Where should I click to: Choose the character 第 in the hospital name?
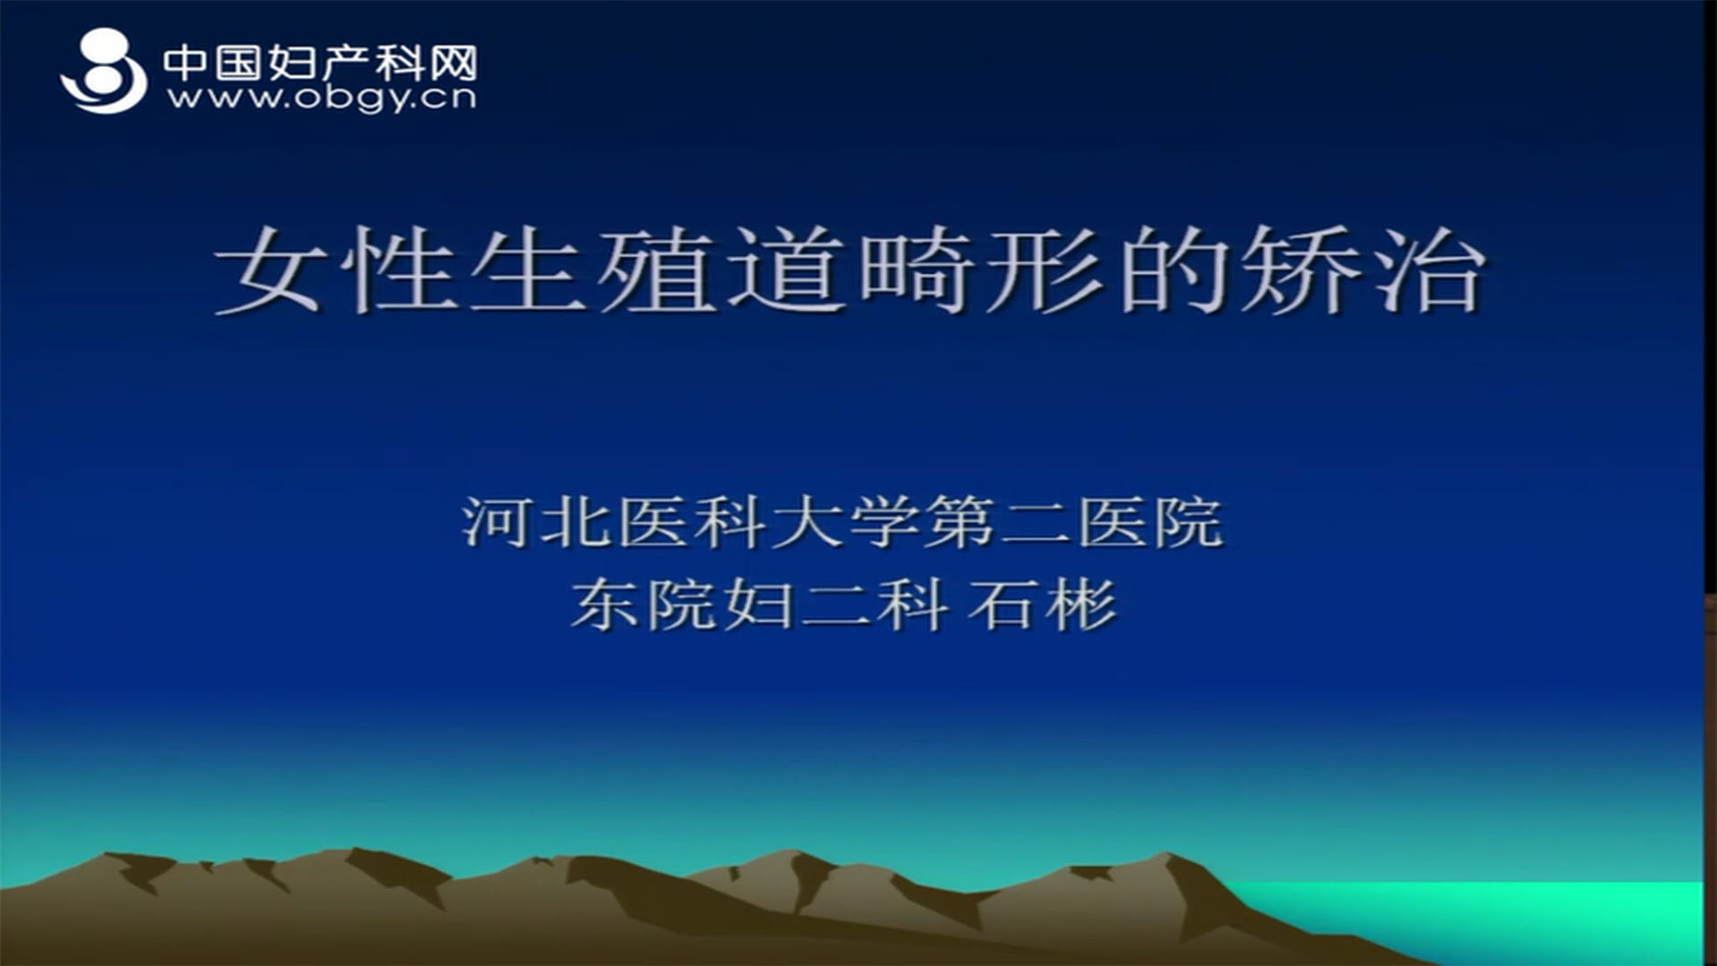(x=958, y=522)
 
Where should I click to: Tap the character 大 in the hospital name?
(x=804, y=522)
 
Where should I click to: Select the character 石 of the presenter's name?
(x=1004, y=605)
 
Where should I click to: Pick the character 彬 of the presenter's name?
(x=1081, y=605)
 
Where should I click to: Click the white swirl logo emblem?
(x=105, y=71)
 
